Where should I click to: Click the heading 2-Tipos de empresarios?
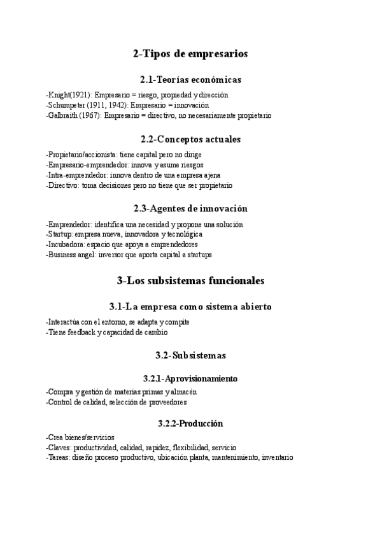pos(190,54)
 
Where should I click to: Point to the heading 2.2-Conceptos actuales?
pos(190,139)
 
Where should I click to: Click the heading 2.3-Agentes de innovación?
pos(190,208)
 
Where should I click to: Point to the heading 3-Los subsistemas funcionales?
pos(190,280)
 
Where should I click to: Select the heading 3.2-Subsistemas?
pos(190,355)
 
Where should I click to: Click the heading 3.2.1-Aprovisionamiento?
pos(190,379)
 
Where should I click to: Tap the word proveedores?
pos(169,402)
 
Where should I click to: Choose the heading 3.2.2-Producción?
pos(190,423)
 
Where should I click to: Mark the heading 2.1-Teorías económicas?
pos(190,80)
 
